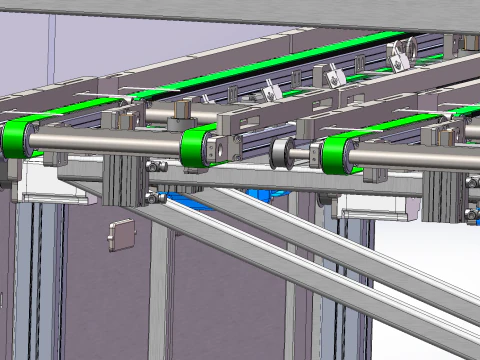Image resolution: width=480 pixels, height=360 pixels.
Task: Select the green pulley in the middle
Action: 198,149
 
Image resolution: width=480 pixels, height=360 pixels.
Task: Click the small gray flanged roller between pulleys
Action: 283,154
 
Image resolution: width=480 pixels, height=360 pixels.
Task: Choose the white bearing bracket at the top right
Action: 400,54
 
